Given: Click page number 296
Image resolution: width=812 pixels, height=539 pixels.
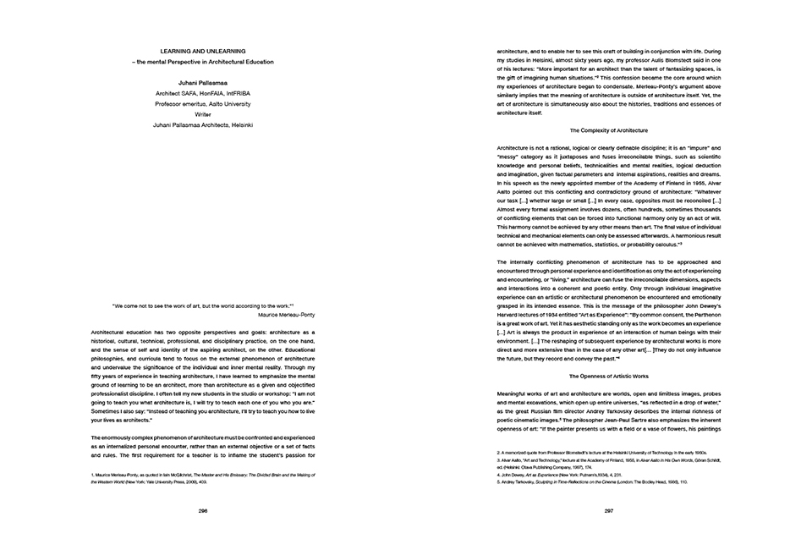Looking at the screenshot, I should [x=203, y=511].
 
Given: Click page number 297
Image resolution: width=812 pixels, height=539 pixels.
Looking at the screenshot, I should [x=609, y=511].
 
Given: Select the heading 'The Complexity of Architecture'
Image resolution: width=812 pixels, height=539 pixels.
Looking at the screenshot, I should [x=609, y=130].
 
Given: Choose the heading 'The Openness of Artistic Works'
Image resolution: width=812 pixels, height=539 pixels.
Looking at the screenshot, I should [x=609, y=375].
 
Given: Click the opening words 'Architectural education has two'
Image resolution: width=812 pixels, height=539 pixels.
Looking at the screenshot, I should [x=135, y=333].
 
